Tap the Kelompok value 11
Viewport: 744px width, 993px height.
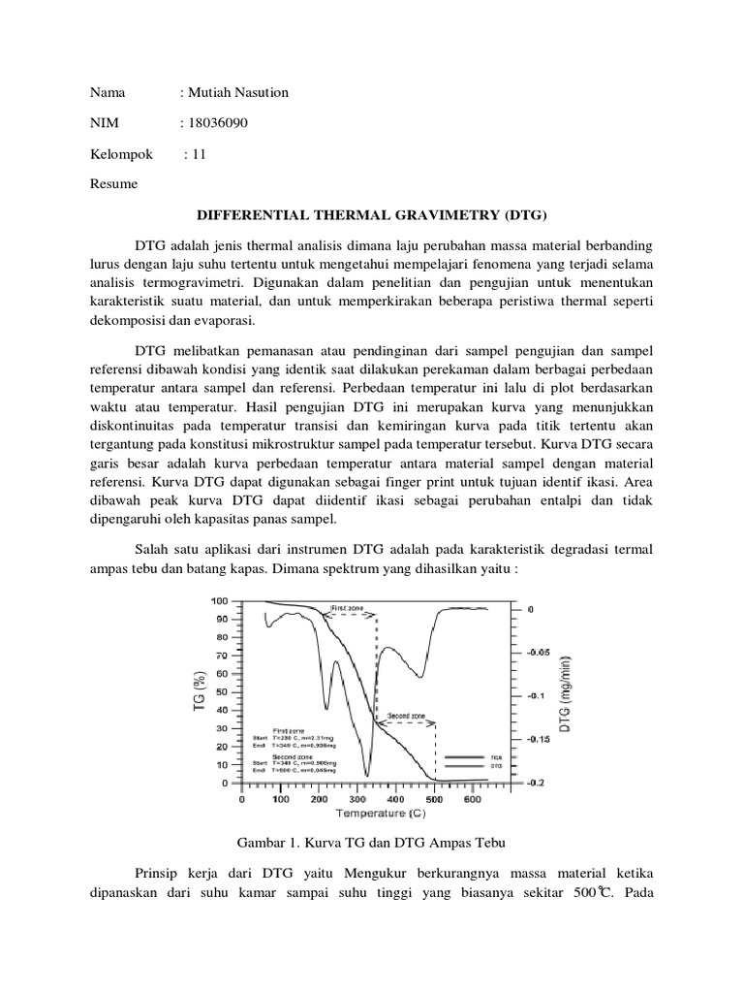(x=200, y=153)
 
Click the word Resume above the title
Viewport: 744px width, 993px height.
(x=113, y=183)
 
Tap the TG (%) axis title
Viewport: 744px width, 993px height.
(x=200, y=691)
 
